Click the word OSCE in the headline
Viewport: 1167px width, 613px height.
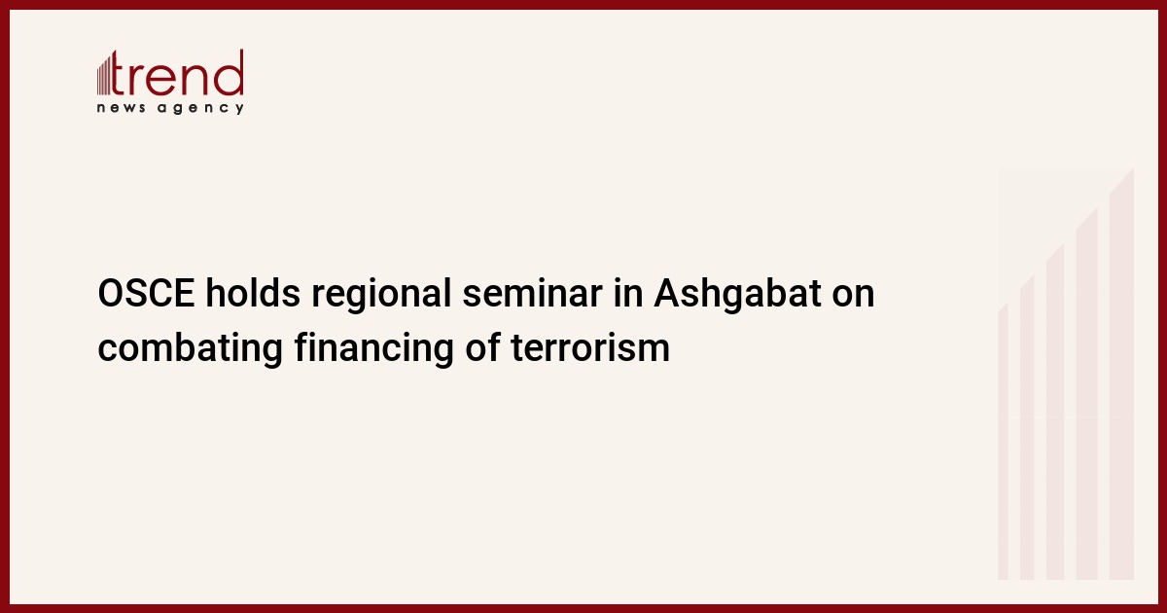pyautogui.click(x=147, y=294)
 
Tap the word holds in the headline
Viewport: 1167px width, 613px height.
pyautogui.click(x=253, y=293)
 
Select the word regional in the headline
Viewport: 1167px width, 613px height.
pyautogui.click(x=381, y=296)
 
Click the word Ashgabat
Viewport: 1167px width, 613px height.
pyautogui.click(x=737, y=295)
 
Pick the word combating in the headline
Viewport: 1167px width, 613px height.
pyautogui.click(x=191, y=349)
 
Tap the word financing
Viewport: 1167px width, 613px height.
pyautogui.click(x=374, y=349)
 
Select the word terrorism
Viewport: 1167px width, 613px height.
pyautogui.click(x=590, y=347)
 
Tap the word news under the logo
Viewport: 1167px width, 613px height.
pyautogui.click(x=121, y=108)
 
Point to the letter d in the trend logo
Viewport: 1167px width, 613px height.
pyautogui.click(x=230, y=72)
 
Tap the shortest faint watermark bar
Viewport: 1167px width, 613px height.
pyautogui.click(x=1003, y=442)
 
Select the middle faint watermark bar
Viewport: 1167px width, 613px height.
pyautogui.click(x=1055, y=412)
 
